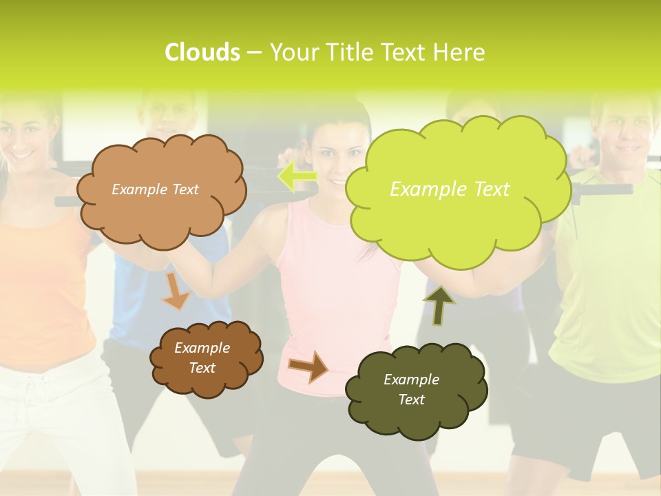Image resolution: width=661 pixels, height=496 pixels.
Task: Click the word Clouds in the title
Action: click(x=202, y=52)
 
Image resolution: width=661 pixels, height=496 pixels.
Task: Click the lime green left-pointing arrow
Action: click(x=297, y=176)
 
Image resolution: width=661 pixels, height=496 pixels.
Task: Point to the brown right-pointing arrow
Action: click(x=308, y=366)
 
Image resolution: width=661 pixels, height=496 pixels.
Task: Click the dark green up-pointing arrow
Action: click(x=439, y=305)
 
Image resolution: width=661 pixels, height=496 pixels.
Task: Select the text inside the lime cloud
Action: click(x=450, y=189)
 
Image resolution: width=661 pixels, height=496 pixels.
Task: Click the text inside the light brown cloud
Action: click(x=155, y=189)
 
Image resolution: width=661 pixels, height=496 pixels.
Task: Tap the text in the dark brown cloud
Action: click(x=202, y=358)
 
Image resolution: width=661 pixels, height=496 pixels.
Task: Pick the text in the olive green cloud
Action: click(x=411, y=389)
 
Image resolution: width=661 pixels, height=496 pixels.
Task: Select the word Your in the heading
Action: click(x=293, y=52)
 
